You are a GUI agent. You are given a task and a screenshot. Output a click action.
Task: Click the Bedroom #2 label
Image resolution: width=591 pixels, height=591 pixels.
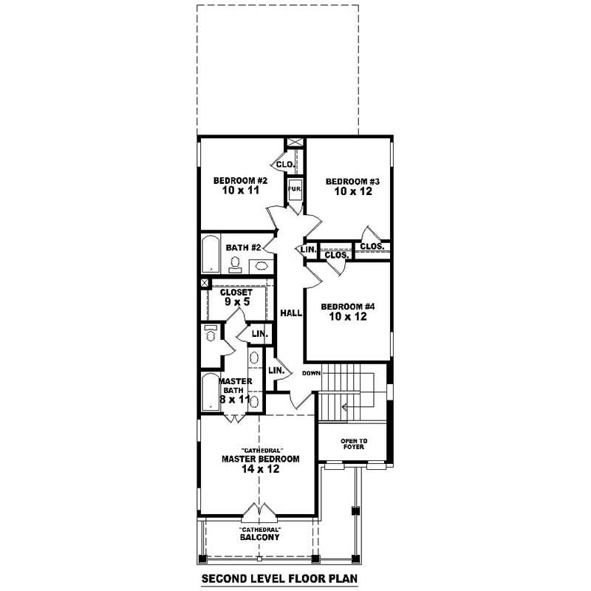(241, 180)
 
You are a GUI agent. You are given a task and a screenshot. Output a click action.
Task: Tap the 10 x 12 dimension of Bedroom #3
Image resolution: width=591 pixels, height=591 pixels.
(353, 191)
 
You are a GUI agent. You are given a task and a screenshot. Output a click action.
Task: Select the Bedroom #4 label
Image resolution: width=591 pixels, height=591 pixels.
(348, 307)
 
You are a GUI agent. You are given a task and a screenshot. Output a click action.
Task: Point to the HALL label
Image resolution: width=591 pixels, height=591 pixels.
(291, 312)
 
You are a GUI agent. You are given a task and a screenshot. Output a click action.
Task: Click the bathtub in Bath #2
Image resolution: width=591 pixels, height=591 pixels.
(211, 254)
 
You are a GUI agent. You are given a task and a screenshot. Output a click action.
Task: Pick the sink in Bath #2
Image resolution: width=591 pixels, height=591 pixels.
(261, 266)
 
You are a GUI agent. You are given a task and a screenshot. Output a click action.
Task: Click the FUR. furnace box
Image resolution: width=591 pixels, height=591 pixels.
(295, 189)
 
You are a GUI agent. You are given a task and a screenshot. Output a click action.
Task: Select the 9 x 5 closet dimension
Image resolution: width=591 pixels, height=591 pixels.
(237, 301)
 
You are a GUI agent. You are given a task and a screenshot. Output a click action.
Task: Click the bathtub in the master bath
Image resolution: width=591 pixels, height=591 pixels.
(210, 392)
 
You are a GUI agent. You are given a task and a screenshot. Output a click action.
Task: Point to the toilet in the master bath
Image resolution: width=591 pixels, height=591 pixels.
(211, 333)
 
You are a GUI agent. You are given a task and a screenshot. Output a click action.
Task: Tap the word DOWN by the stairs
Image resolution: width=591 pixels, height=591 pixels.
(311, 373)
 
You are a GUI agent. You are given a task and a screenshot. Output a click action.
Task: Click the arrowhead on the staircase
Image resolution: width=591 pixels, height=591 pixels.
(344, 407)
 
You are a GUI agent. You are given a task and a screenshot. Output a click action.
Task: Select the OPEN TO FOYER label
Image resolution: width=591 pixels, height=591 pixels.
(354, 444)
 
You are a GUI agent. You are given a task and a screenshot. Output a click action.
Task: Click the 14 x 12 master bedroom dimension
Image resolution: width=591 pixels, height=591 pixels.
(261, 469)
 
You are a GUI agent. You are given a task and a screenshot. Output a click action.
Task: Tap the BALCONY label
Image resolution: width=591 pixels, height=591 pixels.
(260, 537)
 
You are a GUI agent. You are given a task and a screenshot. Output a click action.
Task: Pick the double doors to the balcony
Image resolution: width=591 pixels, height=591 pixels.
(259, 510)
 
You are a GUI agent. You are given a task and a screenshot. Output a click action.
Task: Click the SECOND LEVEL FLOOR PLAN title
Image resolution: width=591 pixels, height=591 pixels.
(279, 578)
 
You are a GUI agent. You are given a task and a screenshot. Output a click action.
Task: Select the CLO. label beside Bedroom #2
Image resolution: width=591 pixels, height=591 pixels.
(285, 165)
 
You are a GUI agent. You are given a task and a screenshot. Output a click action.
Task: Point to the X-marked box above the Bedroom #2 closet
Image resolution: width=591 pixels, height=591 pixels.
(295, 142)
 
